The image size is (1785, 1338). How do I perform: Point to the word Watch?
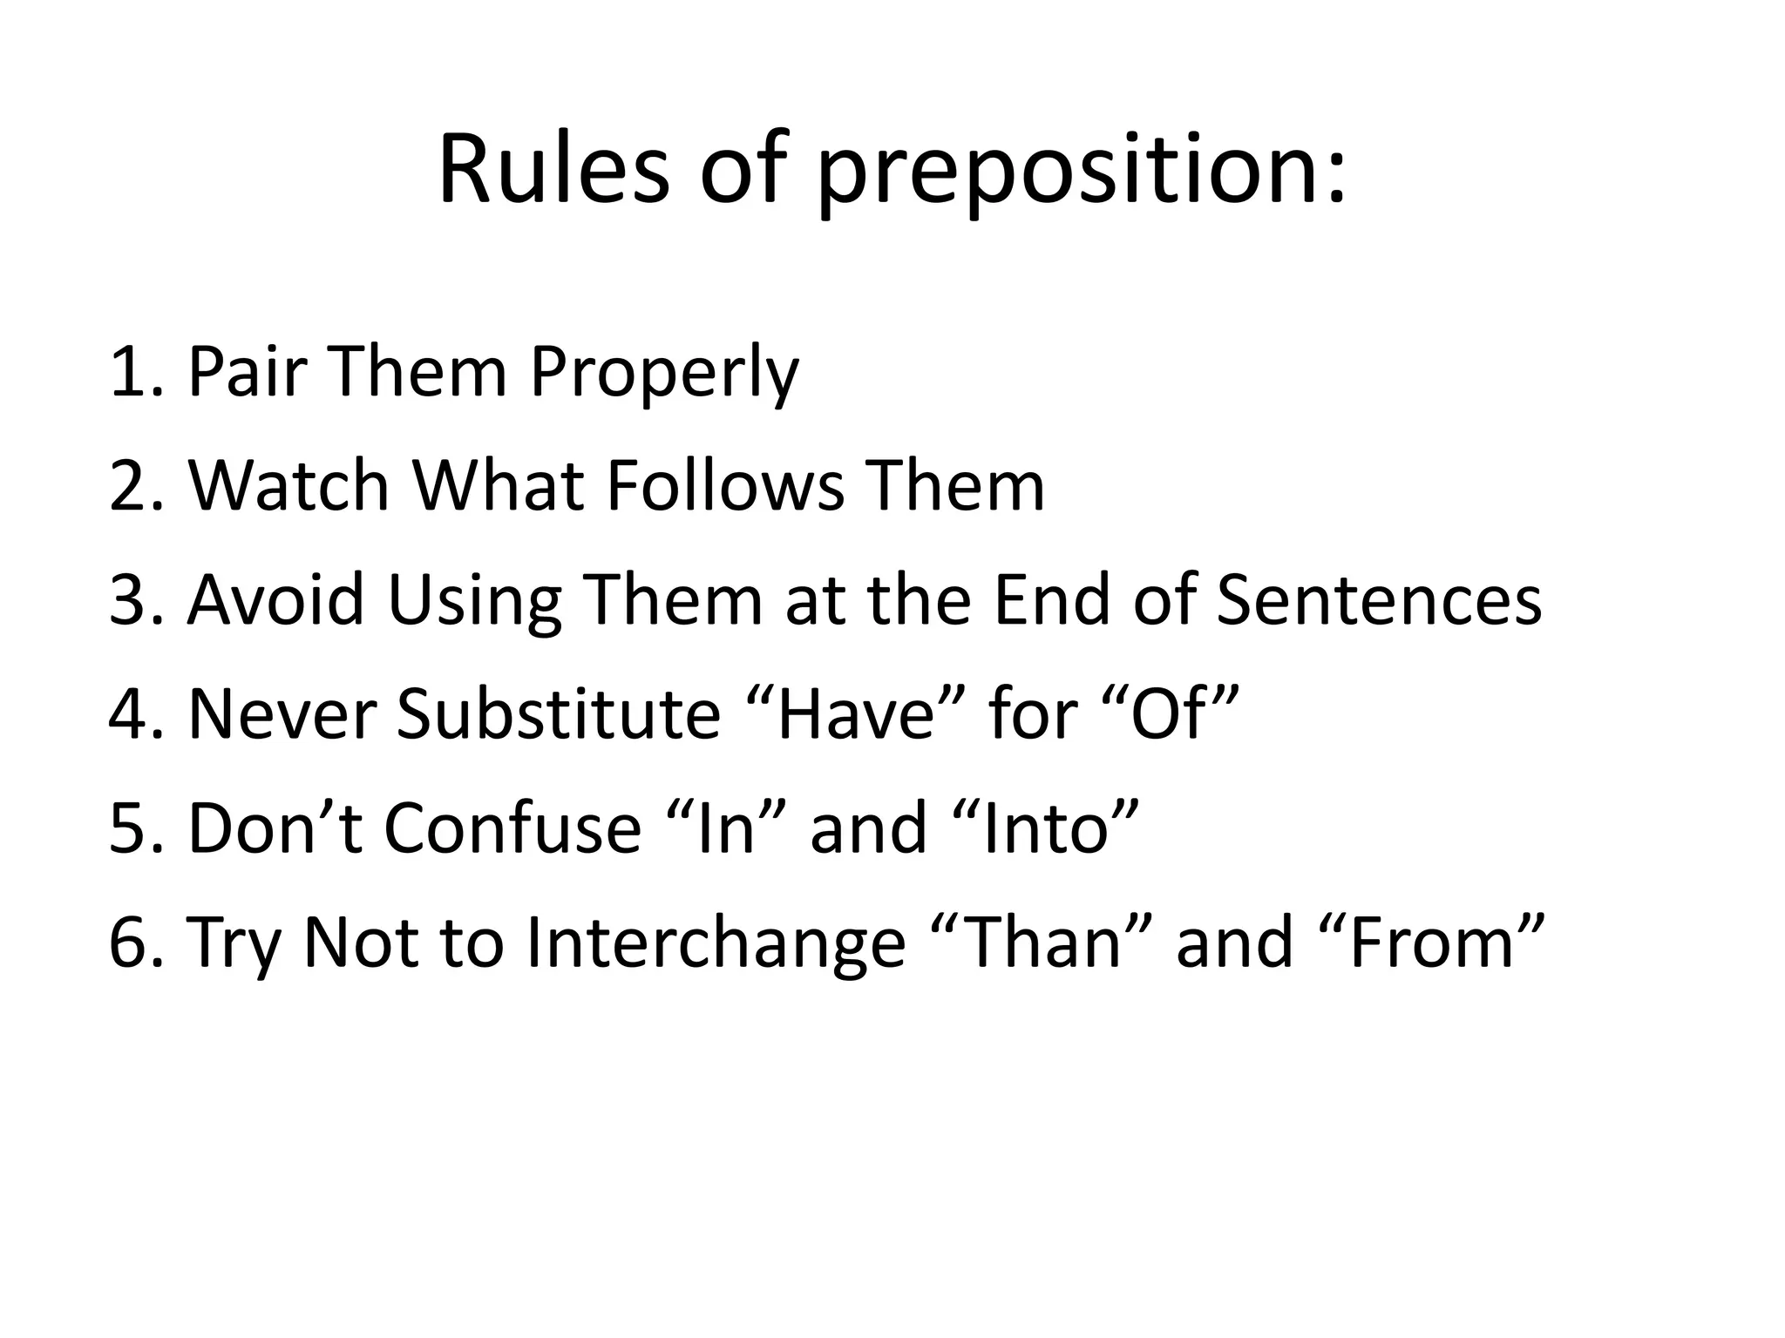288,486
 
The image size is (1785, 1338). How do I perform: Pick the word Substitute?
559,714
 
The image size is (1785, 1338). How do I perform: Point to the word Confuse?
512,828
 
